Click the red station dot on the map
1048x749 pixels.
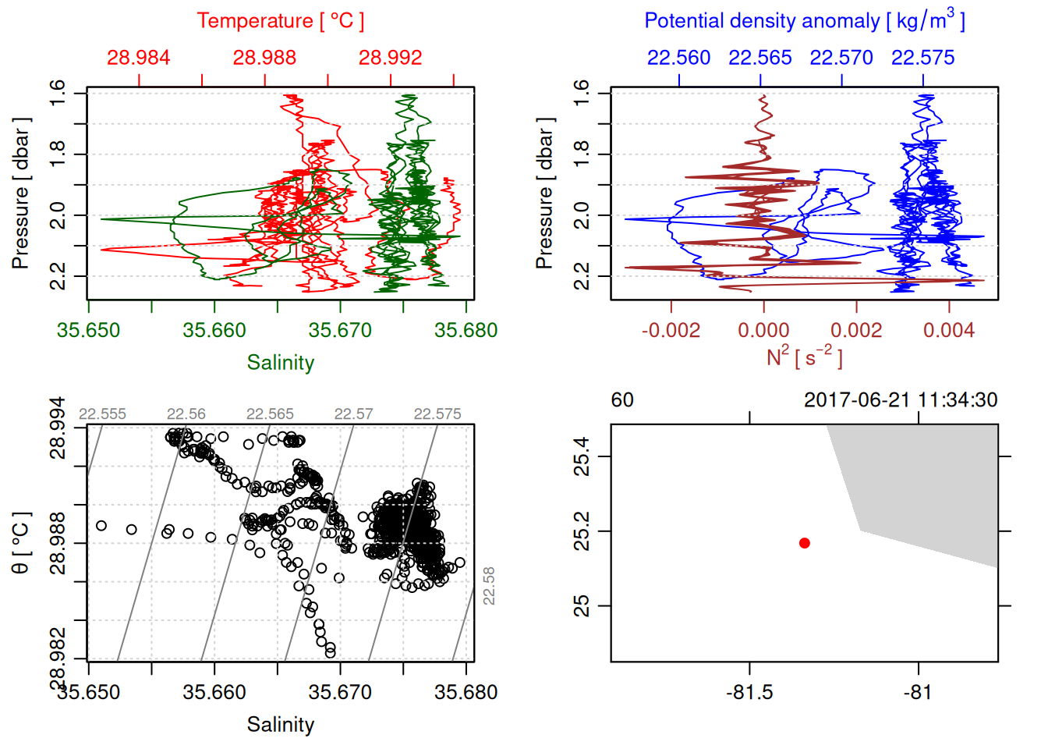(x=805, y=543)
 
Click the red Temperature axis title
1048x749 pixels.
(x=280, y=21)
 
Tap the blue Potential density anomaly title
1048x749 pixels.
(x=804, y=21)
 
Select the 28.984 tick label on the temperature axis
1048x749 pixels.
(x=138, y=58)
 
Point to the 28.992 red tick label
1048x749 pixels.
(x=390, y=58)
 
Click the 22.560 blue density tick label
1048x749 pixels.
(x=678, y=58)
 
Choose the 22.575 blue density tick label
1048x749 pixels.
(x=922, y=58)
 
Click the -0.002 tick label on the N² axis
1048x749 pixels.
(x=671, y=330)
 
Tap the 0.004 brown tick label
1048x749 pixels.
(x=948, y=330)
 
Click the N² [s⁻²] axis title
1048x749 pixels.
(x=804, y=357)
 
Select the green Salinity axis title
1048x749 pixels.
(x=280, y=363)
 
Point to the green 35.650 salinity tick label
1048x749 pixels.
(x=88, y=330)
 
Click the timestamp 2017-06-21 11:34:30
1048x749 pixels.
(x=901, y=400)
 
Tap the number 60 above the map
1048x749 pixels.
(x=622, y=400)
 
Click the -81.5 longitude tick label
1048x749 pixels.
(x=749, y=692)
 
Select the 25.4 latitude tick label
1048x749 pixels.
(x=582, y=456)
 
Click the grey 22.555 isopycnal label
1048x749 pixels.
(x=102, y=414)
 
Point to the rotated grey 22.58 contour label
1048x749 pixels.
(x=489, y=585)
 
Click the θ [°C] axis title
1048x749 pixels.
(x=21, y=542)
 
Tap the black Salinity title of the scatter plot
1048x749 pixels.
(x=280, y=725)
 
